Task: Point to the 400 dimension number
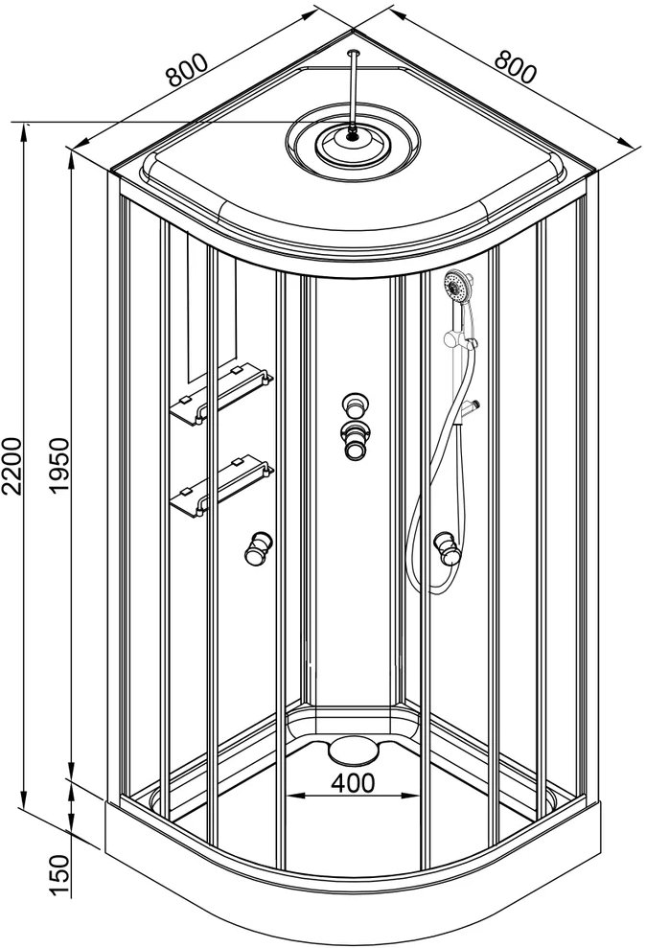tap(354, 783)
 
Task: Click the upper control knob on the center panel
tap(355, 405)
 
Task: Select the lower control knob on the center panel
tap(355, 440)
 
